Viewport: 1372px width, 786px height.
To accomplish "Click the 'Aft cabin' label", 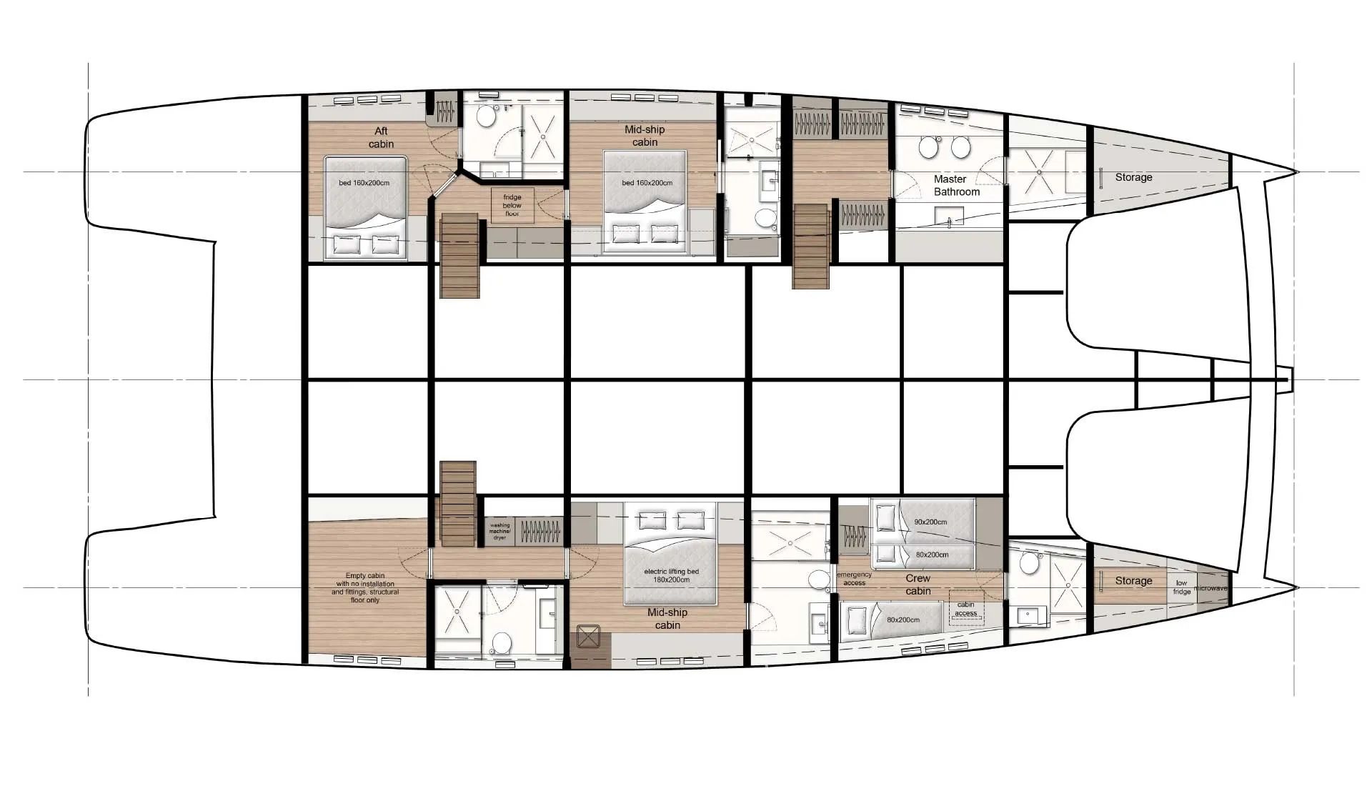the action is pyautogui.click(x=381, y=137).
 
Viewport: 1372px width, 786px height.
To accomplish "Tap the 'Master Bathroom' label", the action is pyautogui.click(x=956, y=185).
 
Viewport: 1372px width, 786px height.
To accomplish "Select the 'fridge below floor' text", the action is pyautogui.click(x=512, y=205).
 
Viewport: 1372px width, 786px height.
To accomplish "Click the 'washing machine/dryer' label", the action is pyautogui.click(x=499, y=532).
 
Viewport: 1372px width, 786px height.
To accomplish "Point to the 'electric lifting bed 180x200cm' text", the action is pyautogui.click(x=671, y=575).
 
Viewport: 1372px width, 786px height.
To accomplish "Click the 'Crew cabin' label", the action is pyautogui.click(x=918, y=584).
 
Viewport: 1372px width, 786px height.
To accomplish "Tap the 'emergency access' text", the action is pyautogui.click(x=854, y=579).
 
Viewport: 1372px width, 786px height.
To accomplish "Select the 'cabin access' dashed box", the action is pyautogui.click(x=966, y=608).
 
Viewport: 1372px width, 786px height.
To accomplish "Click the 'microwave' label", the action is pyautogui.click(x=1211, y=588).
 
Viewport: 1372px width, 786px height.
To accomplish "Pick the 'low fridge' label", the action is pyautogui.click(x=1181, y=587).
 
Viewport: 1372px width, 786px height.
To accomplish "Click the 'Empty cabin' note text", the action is pyautogui.click(x=365, y=587).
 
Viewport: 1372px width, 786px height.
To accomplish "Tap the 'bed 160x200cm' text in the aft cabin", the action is pyautogui.click(x=364, y=183).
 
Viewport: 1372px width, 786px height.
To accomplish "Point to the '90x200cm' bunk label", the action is pyautogui.click(x=930, y=522).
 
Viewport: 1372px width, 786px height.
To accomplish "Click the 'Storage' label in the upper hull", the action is pyautogui.click(x=1133, y=177).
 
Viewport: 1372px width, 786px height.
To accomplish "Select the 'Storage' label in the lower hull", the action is pyautogui.click(x=1133, y=581).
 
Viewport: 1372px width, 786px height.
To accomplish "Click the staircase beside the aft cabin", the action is pyautogui.click(x=459, y=256).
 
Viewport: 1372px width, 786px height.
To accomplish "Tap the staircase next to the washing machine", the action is pyautogui.click(x=457, y=504).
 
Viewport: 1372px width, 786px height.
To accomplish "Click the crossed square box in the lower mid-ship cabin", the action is pyautogui.click(x=588, y=636).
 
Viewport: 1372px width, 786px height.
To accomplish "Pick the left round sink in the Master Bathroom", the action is pyautogui.click(x=928, y=148).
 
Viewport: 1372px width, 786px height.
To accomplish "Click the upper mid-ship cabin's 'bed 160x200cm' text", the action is pyautogui.click(x=647, y=183).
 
